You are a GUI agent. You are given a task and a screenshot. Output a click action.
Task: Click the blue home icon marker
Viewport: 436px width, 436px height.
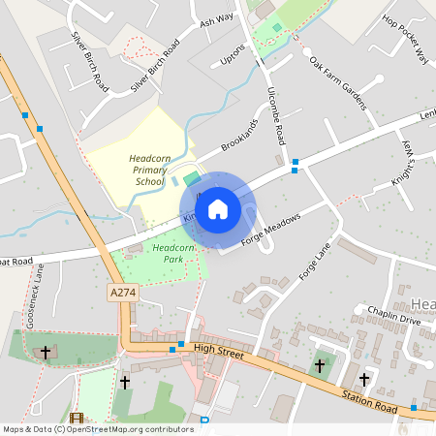[x=218, y=209]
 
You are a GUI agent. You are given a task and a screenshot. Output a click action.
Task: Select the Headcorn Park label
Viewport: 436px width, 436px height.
[x=173, y=254]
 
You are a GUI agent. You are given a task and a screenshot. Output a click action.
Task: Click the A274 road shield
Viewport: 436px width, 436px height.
[x=122, y=292]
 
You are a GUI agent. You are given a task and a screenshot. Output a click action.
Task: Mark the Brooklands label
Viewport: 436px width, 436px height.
[x=239, y=135]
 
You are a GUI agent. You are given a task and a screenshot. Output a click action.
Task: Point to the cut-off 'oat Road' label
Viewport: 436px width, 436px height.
[x=16, y=261]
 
